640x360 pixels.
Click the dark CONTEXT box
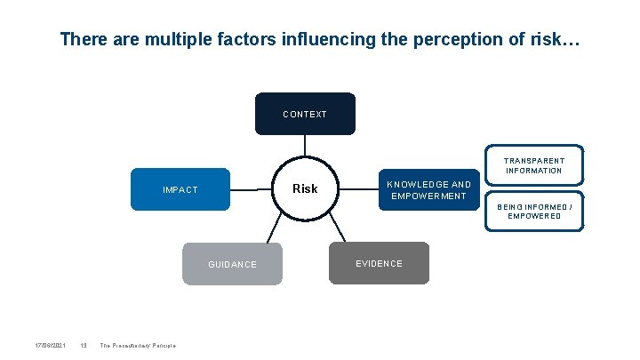tap(305, 114)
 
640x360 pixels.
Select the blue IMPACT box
tap(180, 189)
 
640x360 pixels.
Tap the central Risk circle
tap(305, 188)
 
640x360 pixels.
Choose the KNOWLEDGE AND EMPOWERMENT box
tap(429, 190)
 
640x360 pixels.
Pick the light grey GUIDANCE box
tap(232, 264)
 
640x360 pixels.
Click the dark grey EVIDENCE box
tap(379, 263)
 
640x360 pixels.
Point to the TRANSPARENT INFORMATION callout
tap(534, 165)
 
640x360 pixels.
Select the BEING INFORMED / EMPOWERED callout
tap(534, 212)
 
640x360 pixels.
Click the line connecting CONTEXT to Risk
tap(305, 147)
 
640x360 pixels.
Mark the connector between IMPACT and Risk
tap(251, 188)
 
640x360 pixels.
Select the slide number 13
tap(83, 345)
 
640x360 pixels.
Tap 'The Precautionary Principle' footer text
tap(138, 345)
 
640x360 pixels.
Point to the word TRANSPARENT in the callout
tap(534, 161)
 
